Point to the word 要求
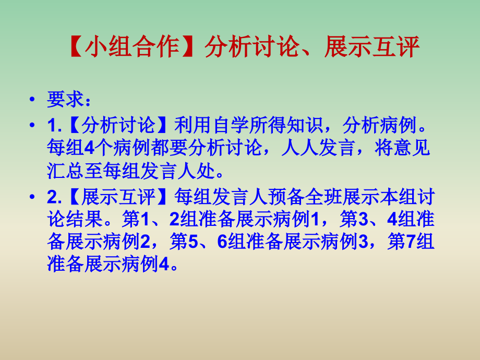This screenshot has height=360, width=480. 64,99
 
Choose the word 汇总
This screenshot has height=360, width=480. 65,171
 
